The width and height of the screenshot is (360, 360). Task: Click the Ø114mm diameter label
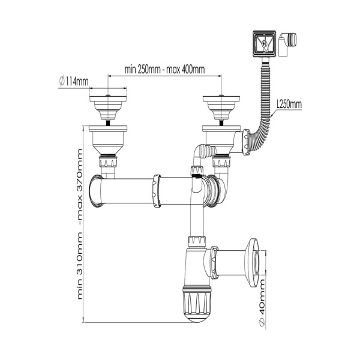(x=74, y=81)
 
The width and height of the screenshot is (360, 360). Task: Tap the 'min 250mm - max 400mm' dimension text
(x=164, y=70)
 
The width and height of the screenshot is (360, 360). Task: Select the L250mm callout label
(x=289, y=104)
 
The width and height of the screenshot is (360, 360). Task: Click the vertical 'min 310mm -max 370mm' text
(x=79, y=224)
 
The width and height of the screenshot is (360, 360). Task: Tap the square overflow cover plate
(x=264, y=44)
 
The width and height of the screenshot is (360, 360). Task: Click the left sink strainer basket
(x=108, y=107)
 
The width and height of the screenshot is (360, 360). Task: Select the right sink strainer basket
(x=221, y=107)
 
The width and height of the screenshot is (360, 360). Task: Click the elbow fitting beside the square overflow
(x=287, y=44)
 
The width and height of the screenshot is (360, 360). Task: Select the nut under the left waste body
(x=108, y=161)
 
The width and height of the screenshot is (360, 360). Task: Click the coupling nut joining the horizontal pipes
(x=157, y=191)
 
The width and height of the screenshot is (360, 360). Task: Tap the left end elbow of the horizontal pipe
(x=96, y=191)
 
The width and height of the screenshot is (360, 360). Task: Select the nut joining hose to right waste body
(x=247, y=142)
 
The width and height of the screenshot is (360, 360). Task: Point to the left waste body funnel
(x=108, y=140)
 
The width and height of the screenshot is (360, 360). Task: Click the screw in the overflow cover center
(x=264, y=43)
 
